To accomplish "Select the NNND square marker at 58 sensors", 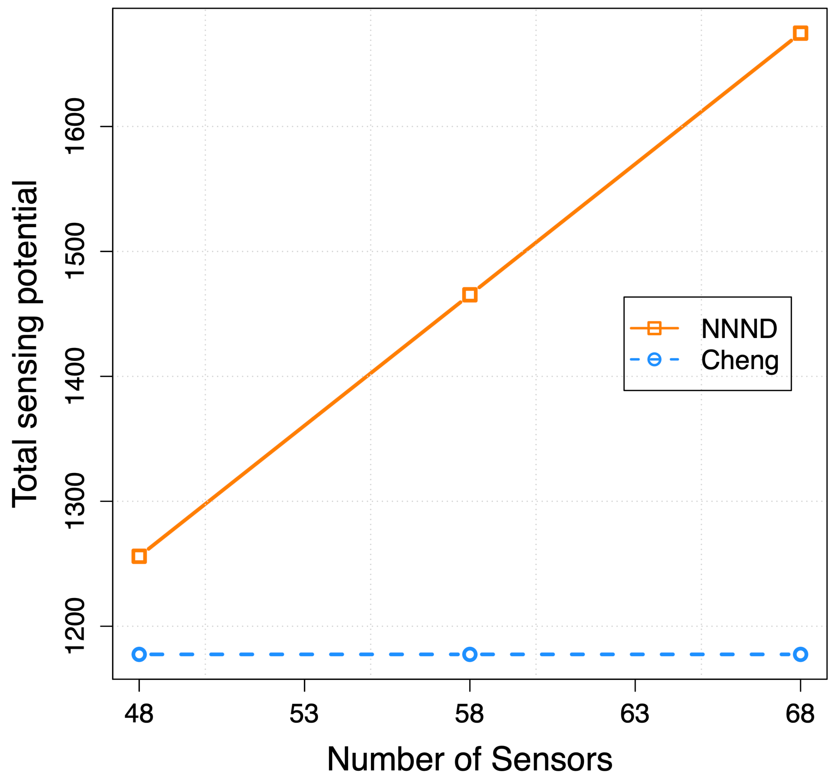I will (470, 295).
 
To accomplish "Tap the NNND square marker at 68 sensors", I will (800, 33).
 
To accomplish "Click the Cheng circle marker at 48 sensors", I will (139, 654).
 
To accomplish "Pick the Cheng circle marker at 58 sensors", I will (470, 654).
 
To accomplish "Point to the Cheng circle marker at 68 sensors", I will (800, 654).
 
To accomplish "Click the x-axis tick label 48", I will (139, 714).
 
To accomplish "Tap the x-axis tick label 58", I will (470, 714).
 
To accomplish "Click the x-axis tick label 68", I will (800, 714).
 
